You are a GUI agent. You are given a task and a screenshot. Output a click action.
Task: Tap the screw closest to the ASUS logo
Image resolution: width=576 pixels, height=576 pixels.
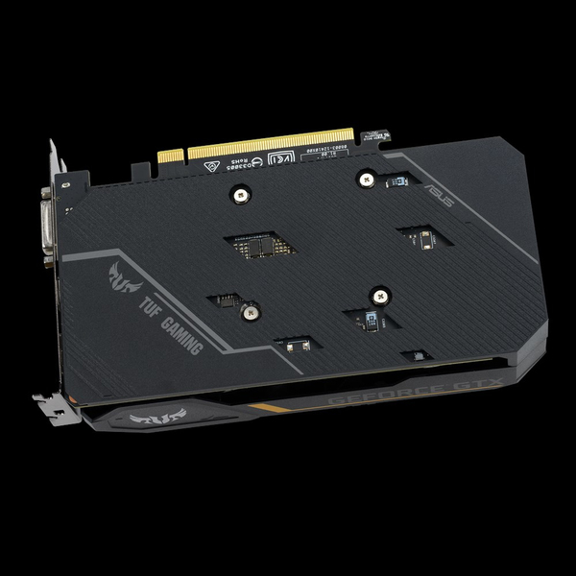pyautogui.click(x=366, y=176)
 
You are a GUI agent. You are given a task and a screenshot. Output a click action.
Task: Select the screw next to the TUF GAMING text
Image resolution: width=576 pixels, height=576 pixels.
pyautogui.click(x=252, y=311)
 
